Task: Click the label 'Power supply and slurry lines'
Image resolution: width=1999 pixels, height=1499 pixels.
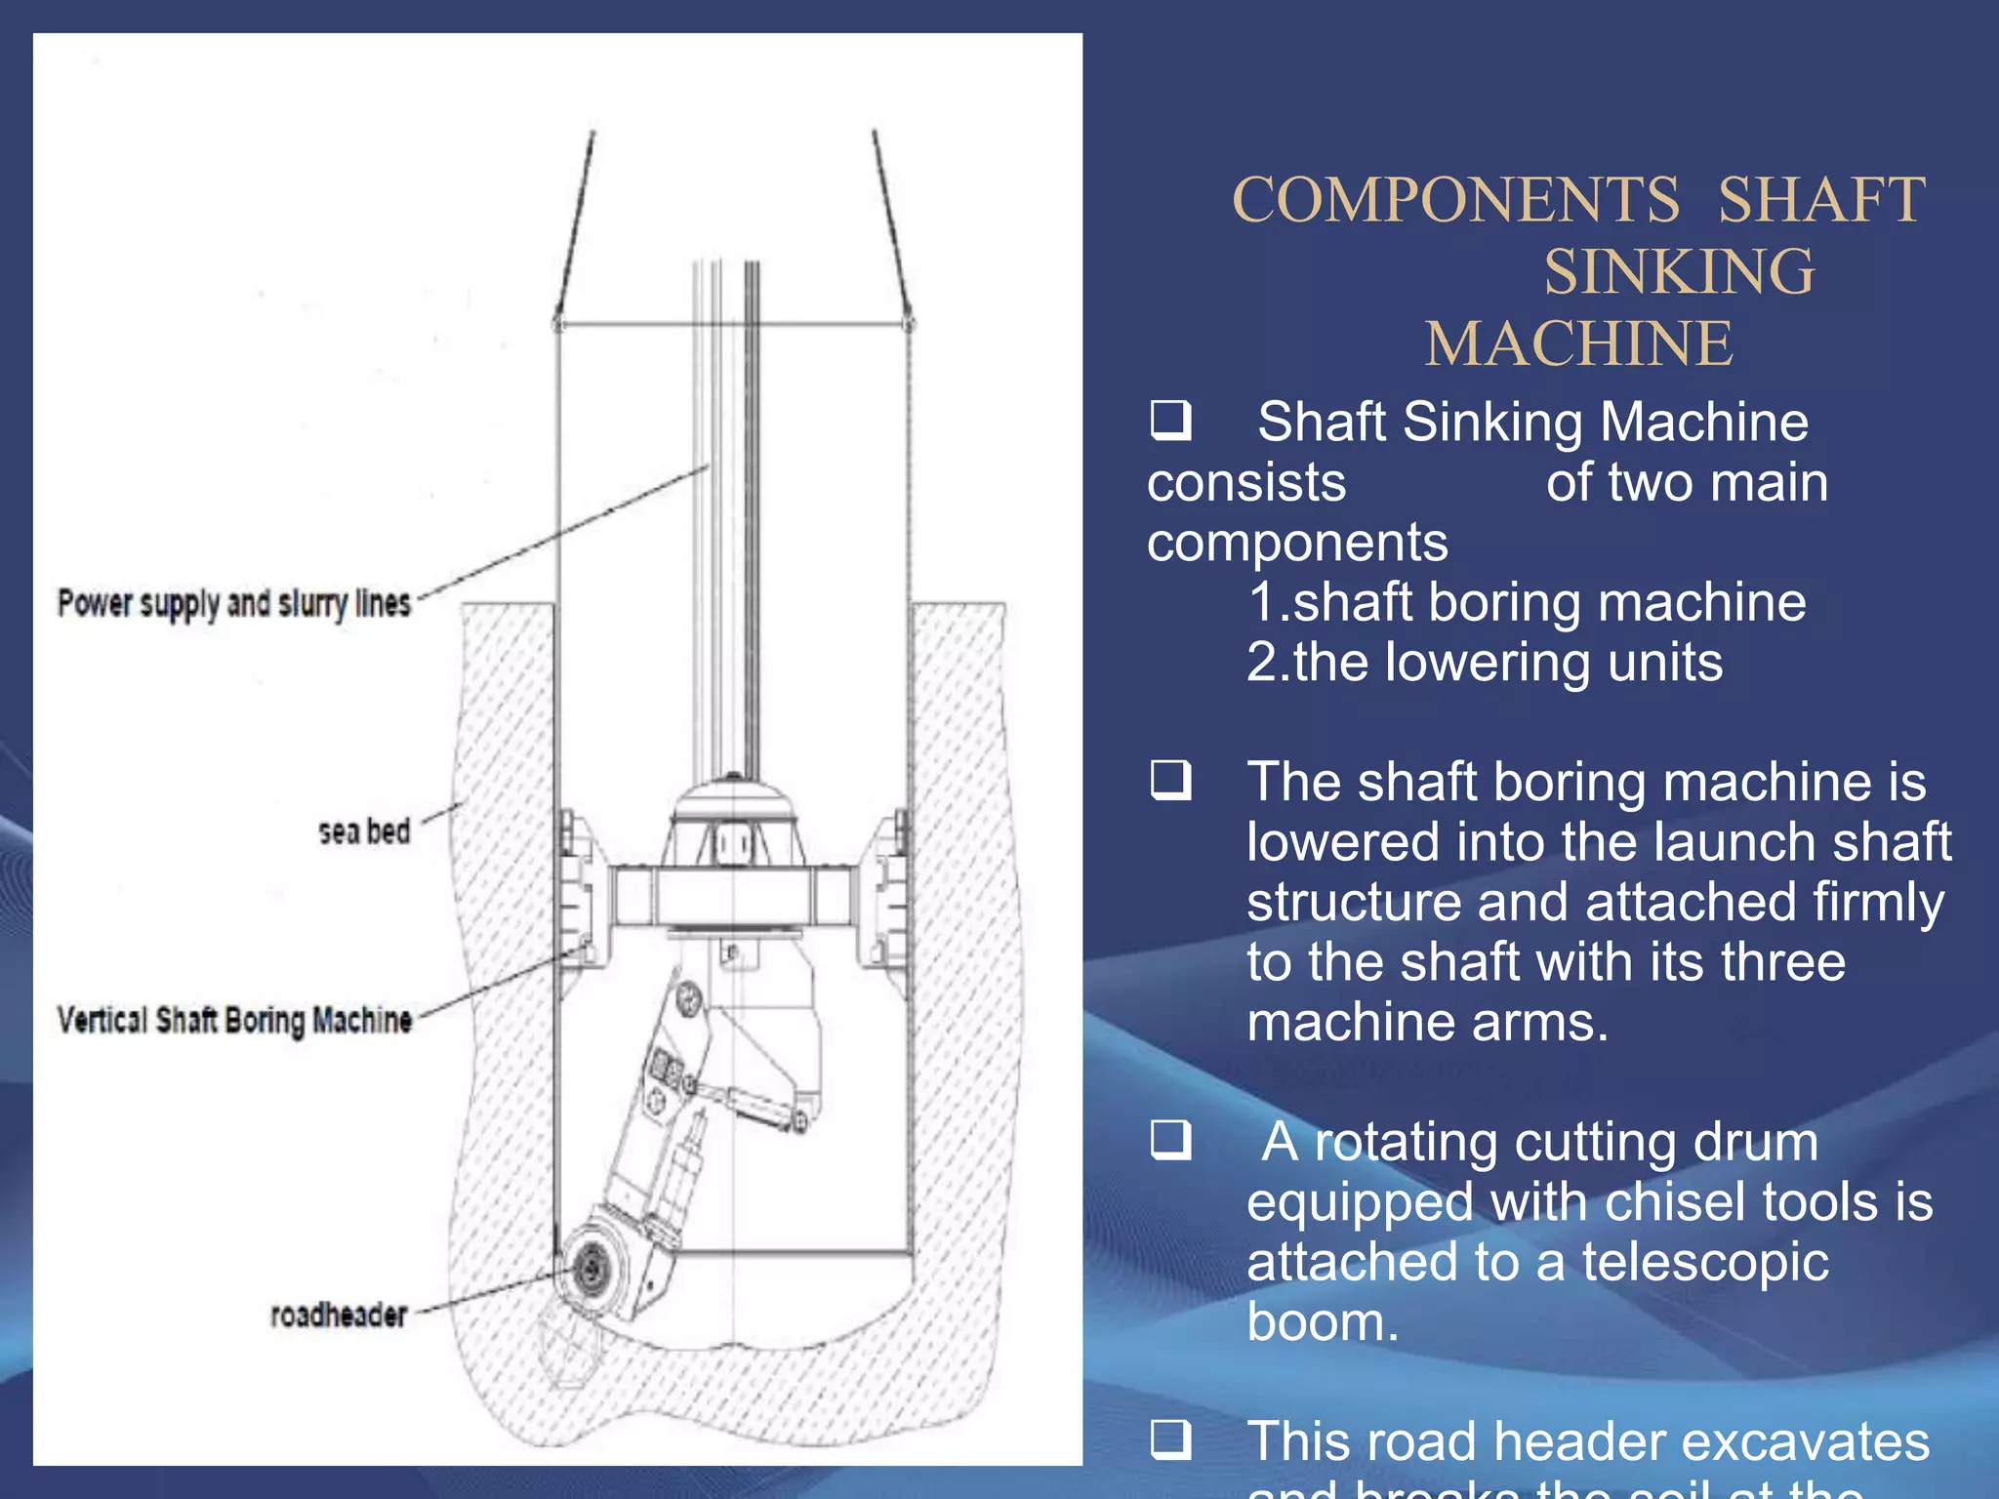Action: (x=234, y=603)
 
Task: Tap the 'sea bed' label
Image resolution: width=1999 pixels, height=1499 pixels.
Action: (x=364, y=831)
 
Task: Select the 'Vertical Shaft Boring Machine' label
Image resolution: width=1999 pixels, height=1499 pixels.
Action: (x=234, y=1020)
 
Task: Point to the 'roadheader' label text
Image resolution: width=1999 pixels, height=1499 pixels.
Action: (x=338, y=1315)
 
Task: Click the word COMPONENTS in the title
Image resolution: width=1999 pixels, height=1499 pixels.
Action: (x=1455, y=201)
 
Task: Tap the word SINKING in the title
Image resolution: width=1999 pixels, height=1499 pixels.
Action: (x=1679, y=272)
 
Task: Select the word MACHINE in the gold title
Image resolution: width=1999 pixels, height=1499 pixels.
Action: (x=1578, y=344)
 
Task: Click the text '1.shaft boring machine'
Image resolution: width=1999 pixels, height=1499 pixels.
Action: (x=1527, y=602)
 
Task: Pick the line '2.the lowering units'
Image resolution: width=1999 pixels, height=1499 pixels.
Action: (x=1485, y=663)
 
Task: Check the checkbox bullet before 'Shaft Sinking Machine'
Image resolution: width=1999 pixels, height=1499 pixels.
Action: (x=1170, y=421)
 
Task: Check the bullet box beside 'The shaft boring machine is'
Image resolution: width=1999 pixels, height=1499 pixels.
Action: (x=1170, y=781)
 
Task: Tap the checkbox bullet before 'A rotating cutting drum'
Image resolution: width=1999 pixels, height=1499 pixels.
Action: (x=1170, y=1140)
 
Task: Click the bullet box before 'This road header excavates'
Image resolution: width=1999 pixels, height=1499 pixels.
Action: (x=1170, y=1439)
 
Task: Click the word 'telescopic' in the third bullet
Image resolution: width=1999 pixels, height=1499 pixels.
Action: (x=1705, y=1262)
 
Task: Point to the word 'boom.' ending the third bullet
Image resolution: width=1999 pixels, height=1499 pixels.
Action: (x=1323, y=1322)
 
